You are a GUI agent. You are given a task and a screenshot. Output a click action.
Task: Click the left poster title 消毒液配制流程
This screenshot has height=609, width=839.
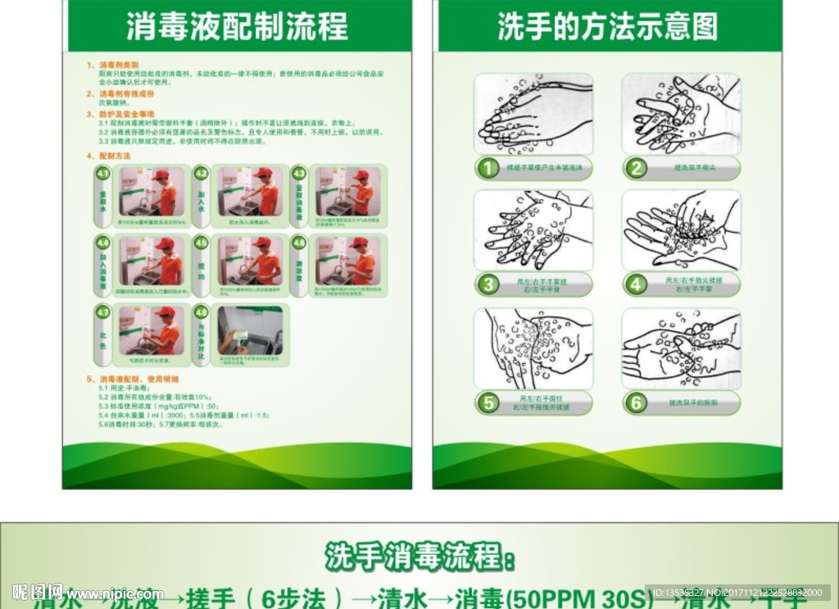(x=237, y=26)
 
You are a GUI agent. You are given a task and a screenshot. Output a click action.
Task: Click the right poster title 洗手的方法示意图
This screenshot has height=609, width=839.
(x=608, y=26)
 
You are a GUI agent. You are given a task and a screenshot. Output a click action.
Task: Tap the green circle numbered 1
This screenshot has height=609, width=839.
(x=488, y=169)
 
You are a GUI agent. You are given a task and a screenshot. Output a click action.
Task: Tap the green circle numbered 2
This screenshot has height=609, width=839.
(x=637, y=169)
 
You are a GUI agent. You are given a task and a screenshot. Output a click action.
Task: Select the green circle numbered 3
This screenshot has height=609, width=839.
(x=488, y=285)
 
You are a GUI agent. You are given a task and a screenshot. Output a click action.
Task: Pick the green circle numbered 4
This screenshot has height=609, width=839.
(x=637, y=285)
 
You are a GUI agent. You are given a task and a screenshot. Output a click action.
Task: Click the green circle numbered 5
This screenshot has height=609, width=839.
(x=488, y=403)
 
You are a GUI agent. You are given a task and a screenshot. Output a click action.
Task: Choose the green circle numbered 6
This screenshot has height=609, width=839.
(x=637, y=403)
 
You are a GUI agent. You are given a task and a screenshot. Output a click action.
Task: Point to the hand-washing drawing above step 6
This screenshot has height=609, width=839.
(x=681, y=348)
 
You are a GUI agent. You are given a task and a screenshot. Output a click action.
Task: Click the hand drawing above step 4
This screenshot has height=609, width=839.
(x=681, y=230)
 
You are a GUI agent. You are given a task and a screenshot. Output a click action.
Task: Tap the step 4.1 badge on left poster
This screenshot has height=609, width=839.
(x=103, y=174)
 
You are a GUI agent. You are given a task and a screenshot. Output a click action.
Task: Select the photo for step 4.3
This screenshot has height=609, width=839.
(x=347, y=193)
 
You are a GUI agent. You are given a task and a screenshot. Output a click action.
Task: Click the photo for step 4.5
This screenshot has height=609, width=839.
(x=250, y=261)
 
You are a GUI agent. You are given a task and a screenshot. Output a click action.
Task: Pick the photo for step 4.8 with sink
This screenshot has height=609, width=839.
(x=250, y=330)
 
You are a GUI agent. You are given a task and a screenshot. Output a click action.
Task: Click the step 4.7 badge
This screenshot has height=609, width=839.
(x=103, y=312)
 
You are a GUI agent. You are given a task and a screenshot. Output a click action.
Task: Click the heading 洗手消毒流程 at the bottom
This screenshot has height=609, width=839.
(x=420, y=557)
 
